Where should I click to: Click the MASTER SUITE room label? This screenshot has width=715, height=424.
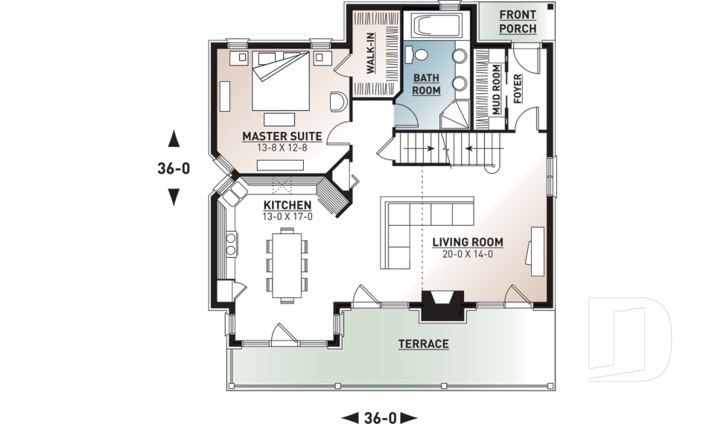tap(282, 136)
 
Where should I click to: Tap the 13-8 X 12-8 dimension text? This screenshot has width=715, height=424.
tap(282, 148)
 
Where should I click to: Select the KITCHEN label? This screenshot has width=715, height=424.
tap(287, 205)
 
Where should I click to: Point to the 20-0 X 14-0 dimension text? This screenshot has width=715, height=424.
tap(467, 254)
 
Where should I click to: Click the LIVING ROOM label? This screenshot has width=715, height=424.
tap(467, 242)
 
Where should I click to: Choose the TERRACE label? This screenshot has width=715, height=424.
tap(423, 344)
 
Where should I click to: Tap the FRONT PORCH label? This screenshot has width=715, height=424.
tap(517, 21)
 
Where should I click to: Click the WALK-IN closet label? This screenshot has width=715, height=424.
tap(370, 53)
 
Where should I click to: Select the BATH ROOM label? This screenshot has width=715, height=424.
tap(427, 83)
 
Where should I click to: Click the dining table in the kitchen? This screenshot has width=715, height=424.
tap(286, 264)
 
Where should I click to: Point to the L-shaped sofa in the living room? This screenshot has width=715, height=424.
tap(417, 224)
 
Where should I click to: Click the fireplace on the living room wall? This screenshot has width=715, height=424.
tap(443, 305)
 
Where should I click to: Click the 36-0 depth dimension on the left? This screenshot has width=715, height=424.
tap(174, 168)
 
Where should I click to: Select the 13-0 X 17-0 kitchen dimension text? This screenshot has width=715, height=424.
tap(287, 217)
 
